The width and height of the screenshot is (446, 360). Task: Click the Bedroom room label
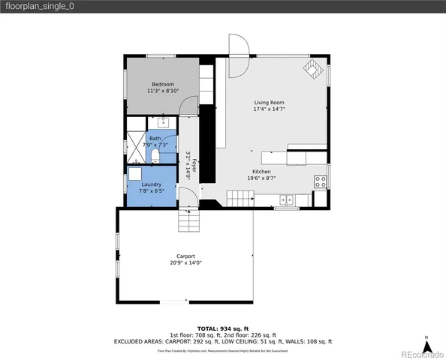(163, 84)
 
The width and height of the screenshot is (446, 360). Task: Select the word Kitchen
(260, 172)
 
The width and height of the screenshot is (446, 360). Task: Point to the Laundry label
(152, 184)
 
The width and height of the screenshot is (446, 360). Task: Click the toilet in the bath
(155, 155)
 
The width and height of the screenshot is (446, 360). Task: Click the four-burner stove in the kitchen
(321, 181)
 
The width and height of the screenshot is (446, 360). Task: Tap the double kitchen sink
(287, 199)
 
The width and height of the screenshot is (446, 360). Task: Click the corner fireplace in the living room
(310, 70)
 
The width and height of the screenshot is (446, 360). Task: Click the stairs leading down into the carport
(189, 221)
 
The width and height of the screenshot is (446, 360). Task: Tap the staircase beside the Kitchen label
(239, 198)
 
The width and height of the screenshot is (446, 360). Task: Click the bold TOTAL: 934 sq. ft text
(222, 328)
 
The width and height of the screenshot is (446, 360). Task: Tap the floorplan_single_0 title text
(39, 6)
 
